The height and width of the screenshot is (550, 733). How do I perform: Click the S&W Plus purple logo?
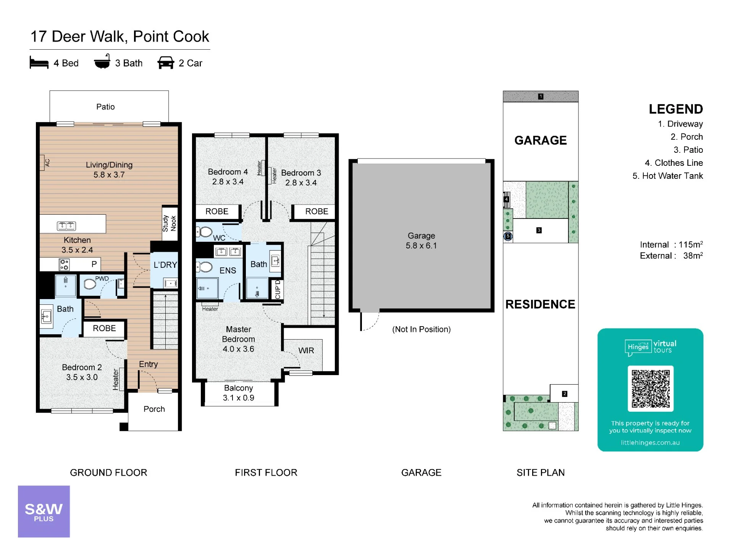coord(44,511)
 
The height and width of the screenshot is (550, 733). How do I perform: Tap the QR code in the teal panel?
coord(651,388)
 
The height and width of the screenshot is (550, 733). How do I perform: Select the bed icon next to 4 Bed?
coord(39,63)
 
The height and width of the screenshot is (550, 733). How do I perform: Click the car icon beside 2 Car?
coord(166,63)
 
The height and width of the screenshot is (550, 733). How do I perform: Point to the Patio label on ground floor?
coord(105,107)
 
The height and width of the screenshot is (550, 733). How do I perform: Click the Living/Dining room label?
coord(109,170)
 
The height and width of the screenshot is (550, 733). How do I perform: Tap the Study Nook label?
coord(170,223)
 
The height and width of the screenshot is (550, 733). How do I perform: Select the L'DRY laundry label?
coord(165,265)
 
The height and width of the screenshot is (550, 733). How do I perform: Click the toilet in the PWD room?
coord(90,284)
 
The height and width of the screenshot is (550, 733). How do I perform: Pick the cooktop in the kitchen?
coord(64,264)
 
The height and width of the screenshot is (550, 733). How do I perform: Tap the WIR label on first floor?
coord(306,350)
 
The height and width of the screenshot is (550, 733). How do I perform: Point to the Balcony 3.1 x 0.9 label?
coord(239,393)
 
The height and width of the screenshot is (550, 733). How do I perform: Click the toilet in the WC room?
coord(205,232)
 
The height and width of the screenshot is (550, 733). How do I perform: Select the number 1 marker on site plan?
coord(541,96)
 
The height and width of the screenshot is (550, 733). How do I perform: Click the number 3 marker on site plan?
coord(539,230)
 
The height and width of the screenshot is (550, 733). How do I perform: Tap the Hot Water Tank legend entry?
coord(668,176)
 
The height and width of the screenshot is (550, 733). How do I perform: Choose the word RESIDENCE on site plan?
coord(540,304)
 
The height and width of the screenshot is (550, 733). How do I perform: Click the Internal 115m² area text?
coord(672,244)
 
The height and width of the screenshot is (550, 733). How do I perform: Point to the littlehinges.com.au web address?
coord(650,443)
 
